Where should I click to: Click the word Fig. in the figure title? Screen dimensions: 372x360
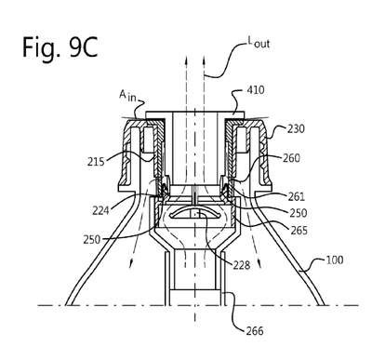pos(41,48)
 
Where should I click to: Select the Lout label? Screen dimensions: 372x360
pos(258,42)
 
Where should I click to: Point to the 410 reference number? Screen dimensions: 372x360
pos(256,90)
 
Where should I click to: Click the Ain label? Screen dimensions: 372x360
pos(128,96)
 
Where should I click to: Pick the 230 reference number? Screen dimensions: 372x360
pos(296,128)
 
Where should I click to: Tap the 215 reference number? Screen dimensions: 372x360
pos(96,162)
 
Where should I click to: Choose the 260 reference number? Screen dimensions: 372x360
pos(291,158)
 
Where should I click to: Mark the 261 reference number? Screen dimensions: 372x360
pos(296,196)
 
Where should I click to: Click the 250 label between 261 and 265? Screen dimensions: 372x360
pos(299,213)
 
